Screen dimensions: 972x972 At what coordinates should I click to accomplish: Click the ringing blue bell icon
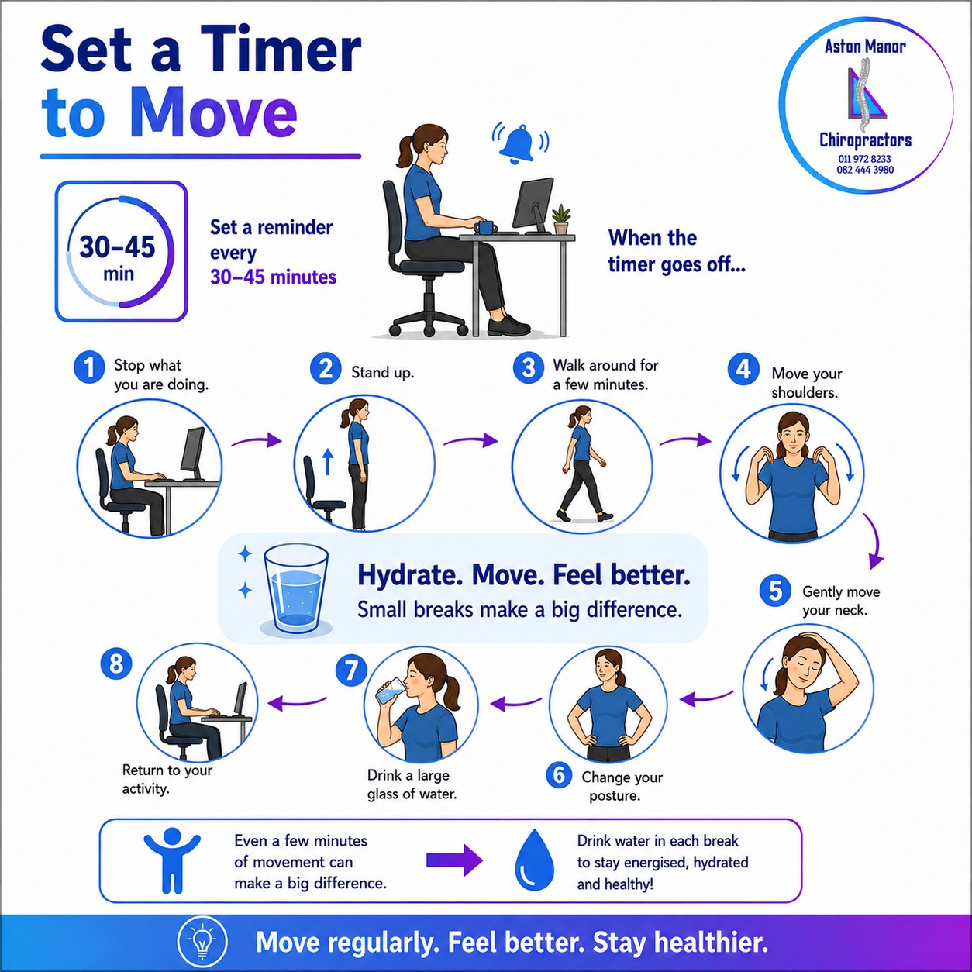(x=521, y=143)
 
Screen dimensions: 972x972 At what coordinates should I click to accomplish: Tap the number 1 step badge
(x=89, y=367)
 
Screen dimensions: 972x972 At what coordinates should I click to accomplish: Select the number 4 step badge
(x=743, y=369)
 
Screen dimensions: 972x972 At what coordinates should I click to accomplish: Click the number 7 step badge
(x=351, y=671)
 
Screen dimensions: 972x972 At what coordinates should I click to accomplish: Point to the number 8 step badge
(x=116, y=664)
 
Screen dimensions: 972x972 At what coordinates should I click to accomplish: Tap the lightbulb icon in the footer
(x=202, y=941)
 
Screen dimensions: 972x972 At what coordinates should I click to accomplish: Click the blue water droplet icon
(x=534, y=863)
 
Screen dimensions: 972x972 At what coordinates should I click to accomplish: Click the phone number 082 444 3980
(x=865, y=170)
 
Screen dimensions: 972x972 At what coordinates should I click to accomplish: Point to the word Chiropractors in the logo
(x=866, y=140)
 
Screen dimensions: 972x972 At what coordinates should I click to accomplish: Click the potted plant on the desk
(x=561, y=219)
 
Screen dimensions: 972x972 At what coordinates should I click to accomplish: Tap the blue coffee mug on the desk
(x=484, y=227)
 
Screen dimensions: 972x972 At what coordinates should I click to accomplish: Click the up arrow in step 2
(x=329, y=461)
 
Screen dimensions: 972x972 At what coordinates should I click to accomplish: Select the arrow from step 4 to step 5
(x=874, y=541)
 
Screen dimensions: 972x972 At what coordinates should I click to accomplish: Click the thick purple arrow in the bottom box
(x=454, y=861)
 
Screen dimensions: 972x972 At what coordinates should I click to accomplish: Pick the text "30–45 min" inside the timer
(x=118, y=257)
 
